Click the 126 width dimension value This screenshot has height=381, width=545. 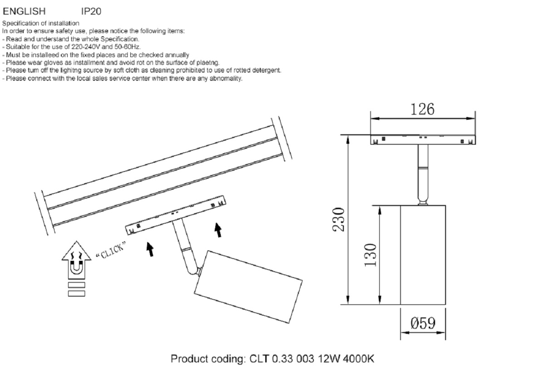(x=422, y=109)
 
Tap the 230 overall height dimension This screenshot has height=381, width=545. (x=340, y=220)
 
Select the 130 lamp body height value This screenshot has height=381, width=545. (x=371, y=255)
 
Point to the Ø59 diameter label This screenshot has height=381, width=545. (x=423, y=323)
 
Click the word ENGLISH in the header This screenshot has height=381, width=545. (x=24, y=11)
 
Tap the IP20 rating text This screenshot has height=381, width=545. (x=91, y=11)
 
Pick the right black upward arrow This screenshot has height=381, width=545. (x=218, y=230)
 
